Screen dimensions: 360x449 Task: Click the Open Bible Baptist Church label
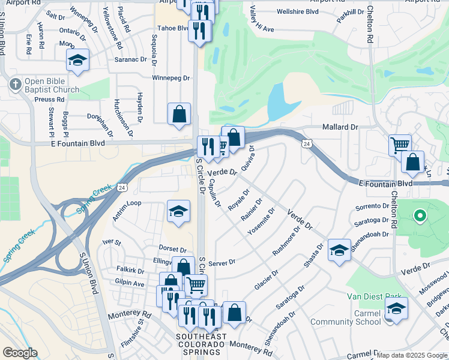[x=52, y=86]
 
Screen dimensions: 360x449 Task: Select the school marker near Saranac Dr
[x=77, y=61]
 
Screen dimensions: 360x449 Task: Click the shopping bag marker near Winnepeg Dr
[x=179, y=115]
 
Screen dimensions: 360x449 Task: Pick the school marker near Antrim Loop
[x=178, y=212]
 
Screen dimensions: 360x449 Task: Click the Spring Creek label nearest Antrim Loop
[x=95, y=196]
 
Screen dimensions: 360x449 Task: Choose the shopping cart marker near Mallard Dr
[x=399, y=146]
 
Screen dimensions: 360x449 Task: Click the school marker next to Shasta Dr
[x=339, y=251]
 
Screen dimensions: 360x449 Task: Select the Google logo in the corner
[x=20, y=353]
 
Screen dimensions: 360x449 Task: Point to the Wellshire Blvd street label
[x=298, y=11]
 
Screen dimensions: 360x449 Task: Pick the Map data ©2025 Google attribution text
[x=412, y=355]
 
